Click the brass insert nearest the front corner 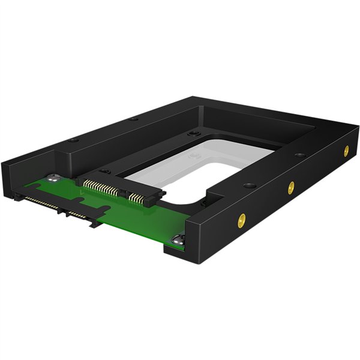[x=242, y=220]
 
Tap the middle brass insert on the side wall [x=291, y=187]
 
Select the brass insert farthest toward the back [x=346, y=151]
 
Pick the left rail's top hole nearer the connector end [x=73, y=140]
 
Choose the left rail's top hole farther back [x=133, y=119]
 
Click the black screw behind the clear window [x=193, y=133]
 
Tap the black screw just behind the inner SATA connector [x=104, y=171]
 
